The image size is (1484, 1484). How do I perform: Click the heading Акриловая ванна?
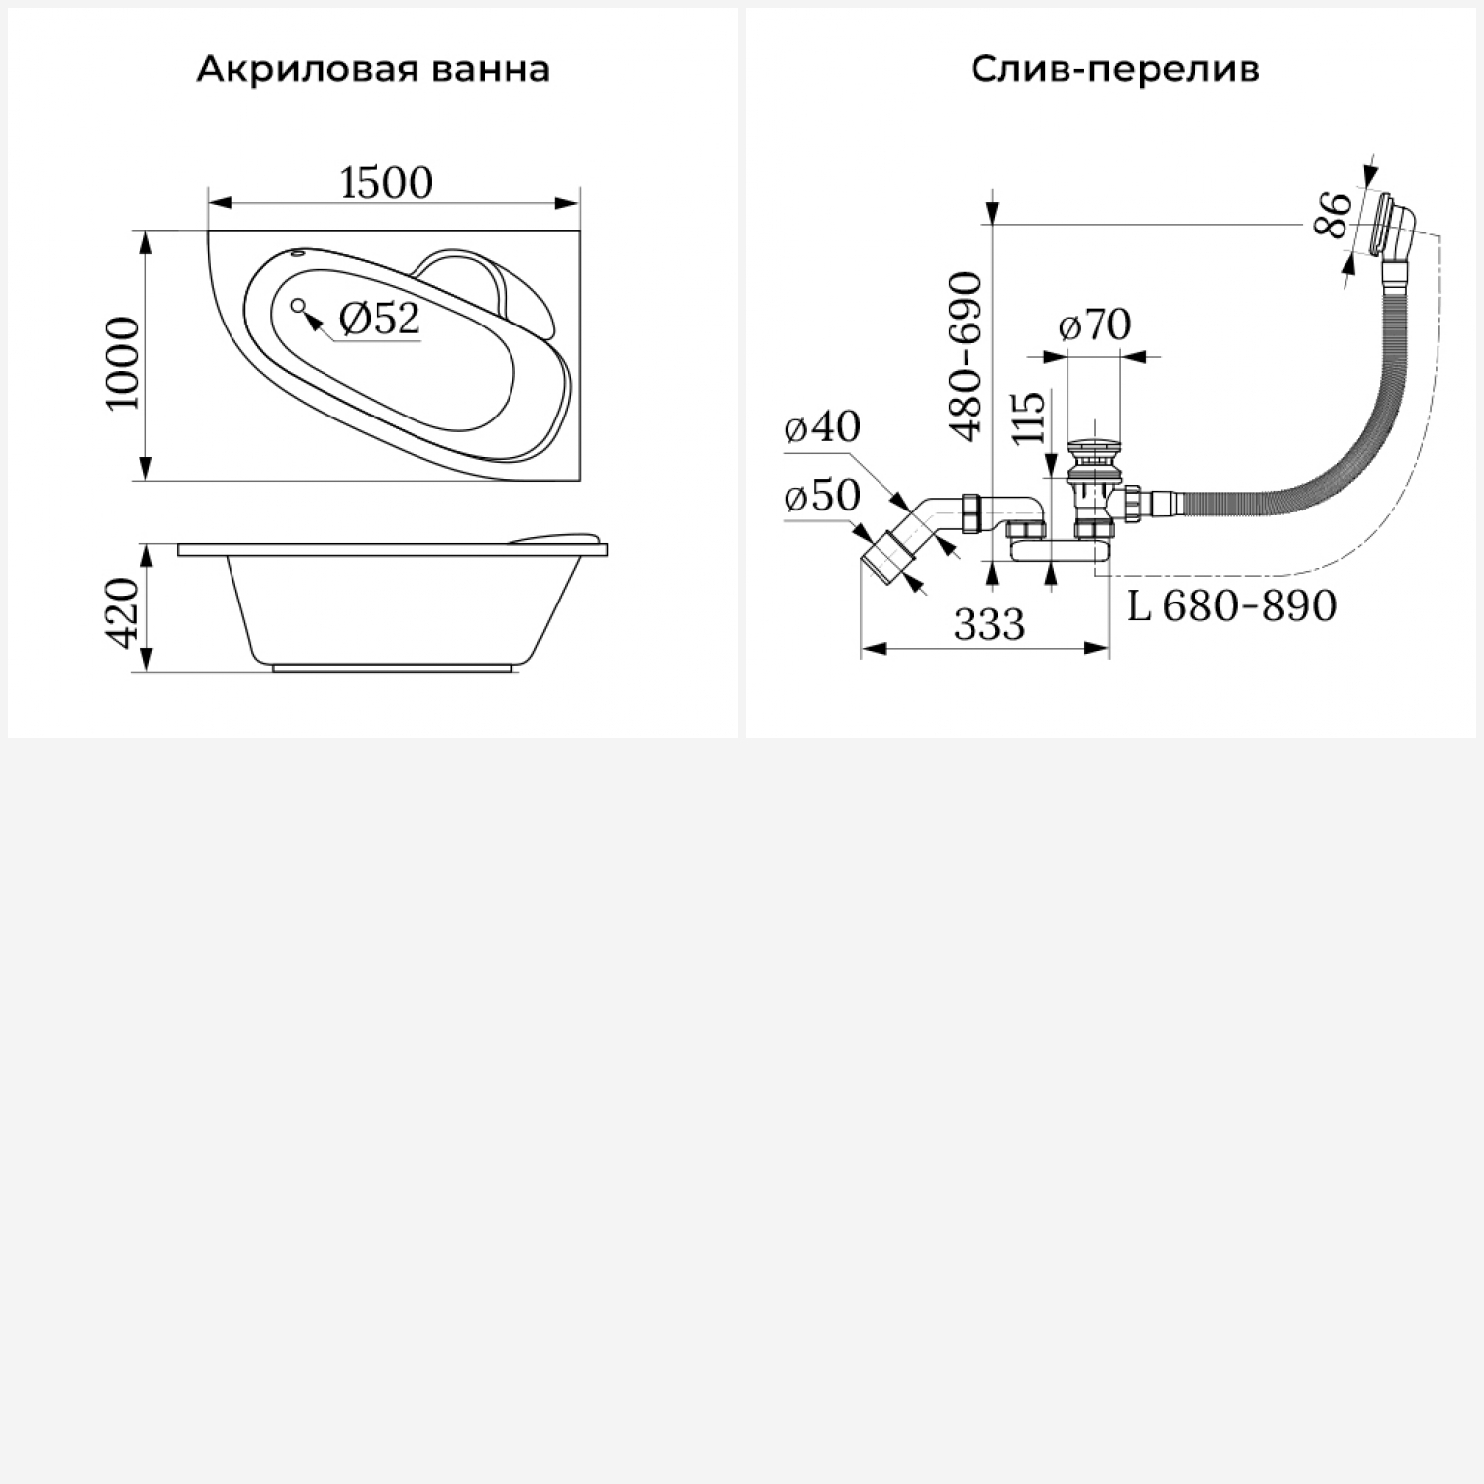[373, 70]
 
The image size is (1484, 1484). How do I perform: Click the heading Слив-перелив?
[1115, 70]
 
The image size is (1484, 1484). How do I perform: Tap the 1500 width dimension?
[387, 183]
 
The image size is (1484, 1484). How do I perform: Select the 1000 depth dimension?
[123, 363]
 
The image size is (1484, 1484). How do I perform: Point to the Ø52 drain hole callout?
[379, 319]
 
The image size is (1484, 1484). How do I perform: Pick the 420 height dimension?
[123, 613]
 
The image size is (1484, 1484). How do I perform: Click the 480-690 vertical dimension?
[966, 356]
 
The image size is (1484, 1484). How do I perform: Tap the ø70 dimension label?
[1094, 325]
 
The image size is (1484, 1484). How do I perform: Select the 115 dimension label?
[1029, 417]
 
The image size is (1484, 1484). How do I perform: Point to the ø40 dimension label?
[822, 426]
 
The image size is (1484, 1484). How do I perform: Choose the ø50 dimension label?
[822, 496]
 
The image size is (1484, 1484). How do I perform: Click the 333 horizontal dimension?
[989, 624]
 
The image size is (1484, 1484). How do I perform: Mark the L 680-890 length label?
[1232, 605]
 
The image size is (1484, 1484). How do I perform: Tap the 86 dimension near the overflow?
[1333, 214]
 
